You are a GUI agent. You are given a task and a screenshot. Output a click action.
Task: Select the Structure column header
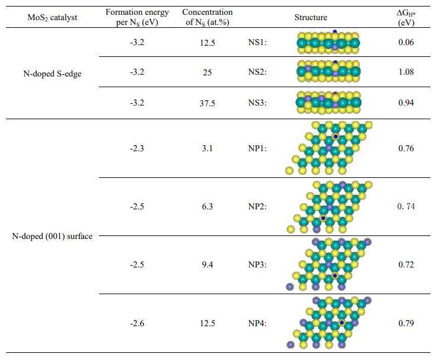point(311,18)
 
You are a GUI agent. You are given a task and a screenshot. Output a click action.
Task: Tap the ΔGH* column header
point(406,18)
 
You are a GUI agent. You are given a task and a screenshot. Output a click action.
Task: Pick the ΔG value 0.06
point(406,43)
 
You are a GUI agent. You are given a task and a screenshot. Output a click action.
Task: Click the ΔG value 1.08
point(406,72)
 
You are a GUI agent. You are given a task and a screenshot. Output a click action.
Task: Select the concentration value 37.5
point(208,103)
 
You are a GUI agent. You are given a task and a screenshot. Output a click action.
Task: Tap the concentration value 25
point(208,72)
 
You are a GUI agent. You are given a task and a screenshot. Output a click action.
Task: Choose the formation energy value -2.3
point(137,148)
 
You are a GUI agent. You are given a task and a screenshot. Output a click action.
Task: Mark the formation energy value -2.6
point(137,323)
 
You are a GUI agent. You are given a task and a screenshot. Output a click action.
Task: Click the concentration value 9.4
point(208,265)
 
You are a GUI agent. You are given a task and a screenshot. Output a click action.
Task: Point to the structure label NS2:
point(258,72)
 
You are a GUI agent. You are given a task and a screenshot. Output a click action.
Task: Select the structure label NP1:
point(258,148)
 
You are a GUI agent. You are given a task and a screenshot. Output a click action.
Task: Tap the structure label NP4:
point(258,323)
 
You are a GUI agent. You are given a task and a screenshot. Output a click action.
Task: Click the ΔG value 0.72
point(406,265)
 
